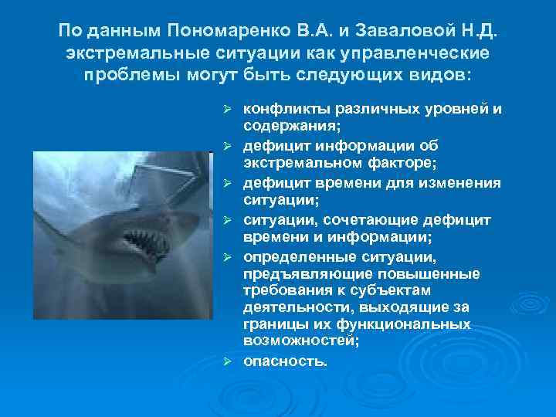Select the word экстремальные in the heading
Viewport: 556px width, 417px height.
pyautogui.click(x=134, y=56)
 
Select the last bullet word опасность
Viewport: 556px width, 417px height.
pyautogui.click(x=285, y=360)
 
